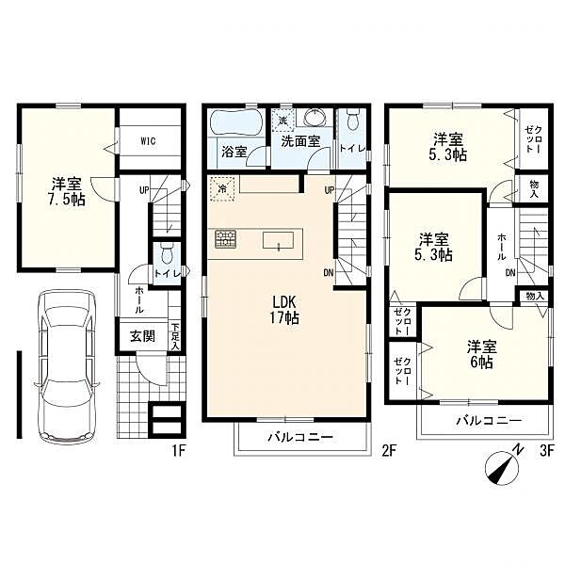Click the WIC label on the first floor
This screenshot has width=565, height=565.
(x=148, y=141)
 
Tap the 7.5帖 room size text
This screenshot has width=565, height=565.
(x=66, y=200)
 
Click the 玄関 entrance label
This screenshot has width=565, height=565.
(x=142, y=336)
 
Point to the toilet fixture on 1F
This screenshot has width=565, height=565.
(x=167, y=253)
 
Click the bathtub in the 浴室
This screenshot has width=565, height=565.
(x=236, y=123)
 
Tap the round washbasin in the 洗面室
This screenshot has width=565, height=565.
(x=315, y=117)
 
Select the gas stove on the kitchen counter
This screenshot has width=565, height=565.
(x=226, y=239)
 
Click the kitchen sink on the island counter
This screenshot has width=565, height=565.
(x=278, y=240)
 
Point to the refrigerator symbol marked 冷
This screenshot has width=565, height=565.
(x=222, y=187)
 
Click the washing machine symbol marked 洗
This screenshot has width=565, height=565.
(x=283, y=120)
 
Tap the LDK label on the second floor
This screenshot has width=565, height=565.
(x=284, y=302)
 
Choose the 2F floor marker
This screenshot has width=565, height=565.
(x=389, y=451)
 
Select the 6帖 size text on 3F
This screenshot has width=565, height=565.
(x=481, y=363)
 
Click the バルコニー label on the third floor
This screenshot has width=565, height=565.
(x=489, y=421)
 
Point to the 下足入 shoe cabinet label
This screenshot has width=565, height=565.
(x=175, y=336)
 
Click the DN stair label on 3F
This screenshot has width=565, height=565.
(x=509, y=273)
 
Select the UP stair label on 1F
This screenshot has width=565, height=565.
(x=144, y=190)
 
